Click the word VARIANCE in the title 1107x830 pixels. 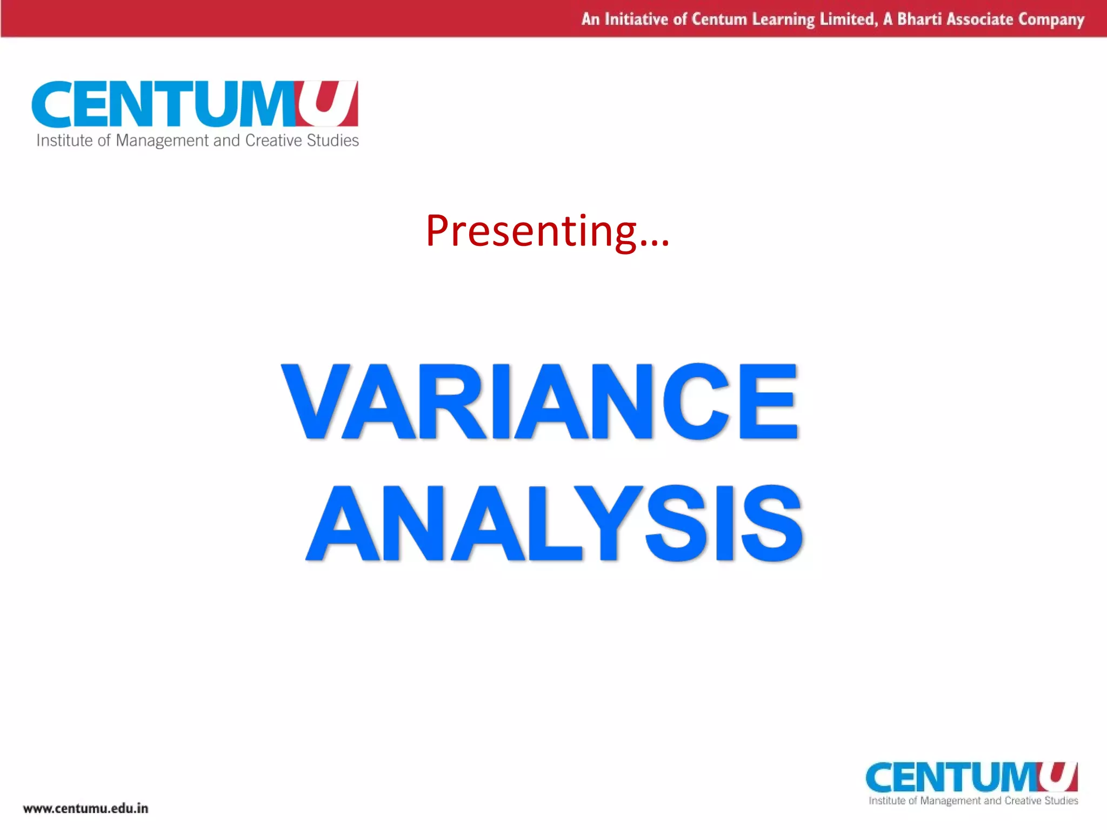(539, 401)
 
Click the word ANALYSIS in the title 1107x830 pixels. (555, 523)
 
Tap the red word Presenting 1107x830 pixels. (531, 231)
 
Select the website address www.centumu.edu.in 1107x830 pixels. (85, 808)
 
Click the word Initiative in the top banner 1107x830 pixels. (636, 19)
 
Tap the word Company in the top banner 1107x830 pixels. (1051, 20)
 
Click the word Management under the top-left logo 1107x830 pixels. (162, 141)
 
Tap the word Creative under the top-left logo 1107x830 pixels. (274, 140)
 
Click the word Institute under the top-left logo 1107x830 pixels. (64, 140)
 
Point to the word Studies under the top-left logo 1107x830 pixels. (332, 140)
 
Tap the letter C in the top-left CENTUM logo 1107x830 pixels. (52, 104)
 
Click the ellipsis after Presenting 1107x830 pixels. (655, 243)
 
